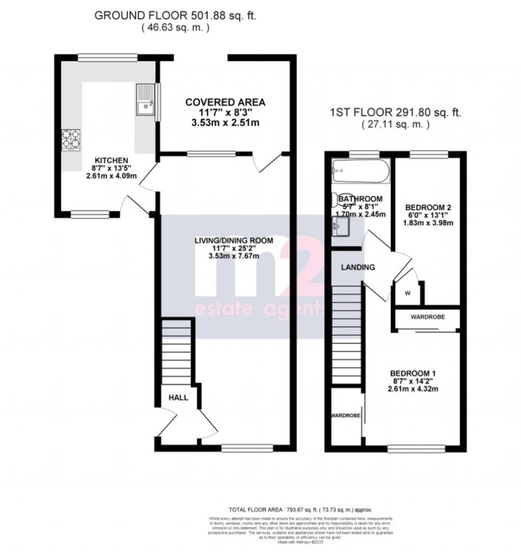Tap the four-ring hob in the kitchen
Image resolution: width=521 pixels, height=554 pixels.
click(x=71, y=140)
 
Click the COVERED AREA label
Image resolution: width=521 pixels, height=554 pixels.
click(x=225, y=102)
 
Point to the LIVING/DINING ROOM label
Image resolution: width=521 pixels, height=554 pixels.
click(x=234, y=240)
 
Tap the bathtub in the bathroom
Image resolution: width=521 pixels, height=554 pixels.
click(x=360, y=172)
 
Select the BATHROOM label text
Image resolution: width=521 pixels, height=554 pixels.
click(x=360, y=199)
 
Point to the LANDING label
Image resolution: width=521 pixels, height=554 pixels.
click(x=358, y=267)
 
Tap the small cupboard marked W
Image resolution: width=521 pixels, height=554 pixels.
click(x=407, y=293)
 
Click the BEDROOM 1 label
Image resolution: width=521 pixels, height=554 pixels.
click(x=413, y=373)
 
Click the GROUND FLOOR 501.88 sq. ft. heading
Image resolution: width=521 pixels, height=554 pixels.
click(x=176, y=16)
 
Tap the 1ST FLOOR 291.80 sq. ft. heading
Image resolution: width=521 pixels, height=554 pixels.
click(x=395, y=113)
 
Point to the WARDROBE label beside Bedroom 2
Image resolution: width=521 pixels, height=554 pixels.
click(x=427, y=317)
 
